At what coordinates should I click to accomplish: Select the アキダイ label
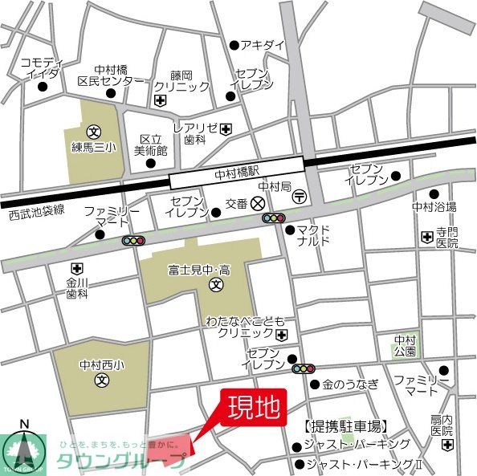click(x=263, y=45)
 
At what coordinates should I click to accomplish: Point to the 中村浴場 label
click(x=434, y=207)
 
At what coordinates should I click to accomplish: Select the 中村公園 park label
click(x=406, y=345)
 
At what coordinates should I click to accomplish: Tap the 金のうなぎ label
click(x=351, y=384)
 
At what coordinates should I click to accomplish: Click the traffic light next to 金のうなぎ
click(x=304, y=369)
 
